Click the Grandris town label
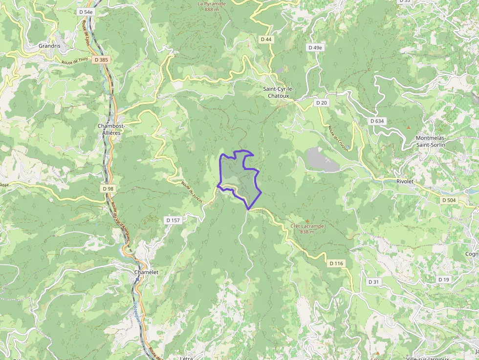(49, 46)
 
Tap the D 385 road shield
(101, 59)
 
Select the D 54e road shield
(86, 11)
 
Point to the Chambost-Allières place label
(111, 129)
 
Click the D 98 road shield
(108, 189)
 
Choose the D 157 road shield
(173, 220)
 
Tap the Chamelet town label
(146, 272)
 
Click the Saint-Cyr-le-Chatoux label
(279, 92)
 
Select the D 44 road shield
(266, 39)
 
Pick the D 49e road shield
(315, 47)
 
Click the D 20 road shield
(321, 103)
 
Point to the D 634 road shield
(377, 121)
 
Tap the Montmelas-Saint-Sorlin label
(435, 141)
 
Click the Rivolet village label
(405, 181)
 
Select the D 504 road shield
(448, 200)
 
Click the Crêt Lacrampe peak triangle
(307, 221)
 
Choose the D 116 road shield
(336, 263)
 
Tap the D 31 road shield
(373, 282)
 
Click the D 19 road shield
(443, 279)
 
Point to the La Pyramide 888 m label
(212, 6)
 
